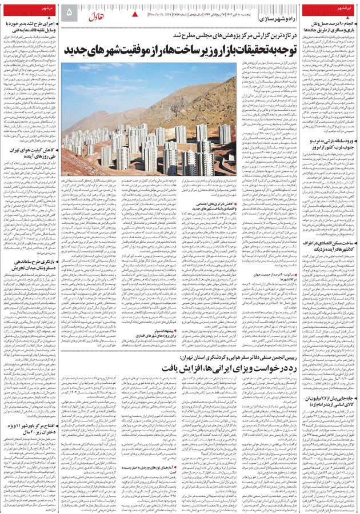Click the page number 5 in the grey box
(x=69, y=12)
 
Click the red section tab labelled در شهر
(x=46, y=10)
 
